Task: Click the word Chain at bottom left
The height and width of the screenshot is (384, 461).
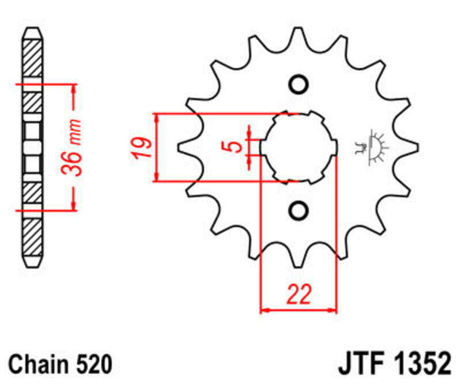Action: (x=37, y=364)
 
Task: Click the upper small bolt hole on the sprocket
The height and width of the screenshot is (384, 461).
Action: (x=298, y=84)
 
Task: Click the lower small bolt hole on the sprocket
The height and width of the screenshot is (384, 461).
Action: (x=298, y=210)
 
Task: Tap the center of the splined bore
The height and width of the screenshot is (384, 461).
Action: (x=298, y=147)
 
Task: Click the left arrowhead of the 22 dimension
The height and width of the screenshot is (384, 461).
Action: (x=264, y=311)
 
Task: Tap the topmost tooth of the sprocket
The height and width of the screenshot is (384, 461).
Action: (x=298, y=39)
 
